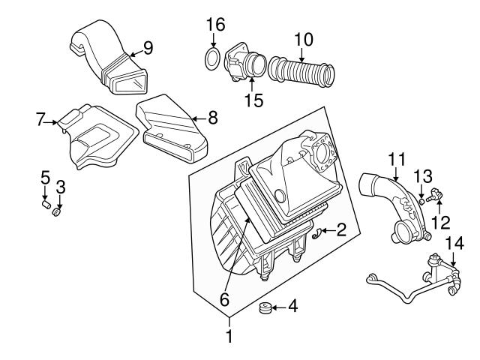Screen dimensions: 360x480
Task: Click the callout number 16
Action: [215, 25]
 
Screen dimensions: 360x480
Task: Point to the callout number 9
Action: [148, 49]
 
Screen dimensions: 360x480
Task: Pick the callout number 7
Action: [41, 118]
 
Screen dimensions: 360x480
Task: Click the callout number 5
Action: [45, 178]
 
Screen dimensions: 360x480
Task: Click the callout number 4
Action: [293, 306]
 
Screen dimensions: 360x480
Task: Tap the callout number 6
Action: [223, 298]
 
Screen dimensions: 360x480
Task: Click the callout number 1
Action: [229, 338]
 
